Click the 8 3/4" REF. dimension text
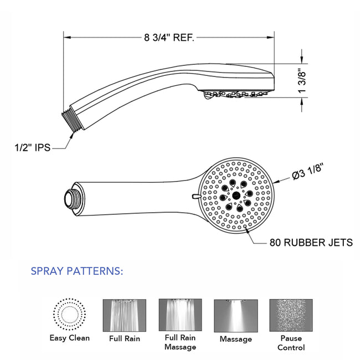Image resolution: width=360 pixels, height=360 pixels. click(x=168, y=38)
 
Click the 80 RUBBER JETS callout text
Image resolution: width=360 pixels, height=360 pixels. click(x=311, y=242)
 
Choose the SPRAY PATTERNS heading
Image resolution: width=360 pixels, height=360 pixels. click(x=77, y=271)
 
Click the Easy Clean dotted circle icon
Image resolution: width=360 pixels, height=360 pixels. click(x=70, y=315)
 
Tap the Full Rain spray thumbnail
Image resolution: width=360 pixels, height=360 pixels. click(x=125, y=315)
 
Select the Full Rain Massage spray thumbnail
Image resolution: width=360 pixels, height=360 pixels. click(x=180, y=315)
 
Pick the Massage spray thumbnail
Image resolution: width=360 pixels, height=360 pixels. click(x=235, y=315)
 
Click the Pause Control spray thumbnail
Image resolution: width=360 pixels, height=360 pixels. click(x=291, y=315)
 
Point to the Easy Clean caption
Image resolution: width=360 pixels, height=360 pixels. click(x=70, y=338)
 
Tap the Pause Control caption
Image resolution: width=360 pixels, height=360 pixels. click(x=291, y=342)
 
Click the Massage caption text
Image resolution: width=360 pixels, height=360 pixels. click(x=235, y=338)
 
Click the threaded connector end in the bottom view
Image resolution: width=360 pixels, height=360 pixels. click(x=69, y=198)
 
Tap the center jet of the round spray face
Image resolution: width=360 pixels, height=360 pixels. click(x=236, y=196)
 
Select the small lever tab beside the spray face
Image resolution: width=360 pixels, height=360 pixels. click(x=195, y=196)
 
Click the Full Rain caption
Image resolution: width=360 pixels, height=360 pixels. click(x=125, y=338)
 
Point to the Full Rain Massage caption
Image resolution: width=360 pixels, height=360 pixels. click(x=180, y=342)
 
